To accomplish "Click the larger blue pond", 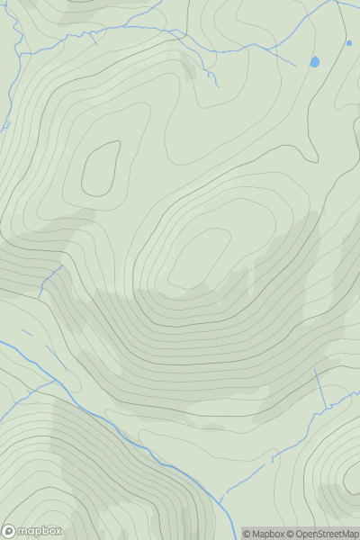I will [314, 62].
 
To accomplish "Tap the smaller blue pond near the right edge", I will [349, 42].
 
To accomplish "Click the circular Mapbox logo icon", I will [9, 531].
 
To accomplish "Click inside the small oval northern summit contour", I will [101, 168].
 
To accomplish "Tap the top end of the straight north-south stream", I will [316, 370].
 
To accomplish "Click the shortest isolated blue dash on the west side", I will [27, 333].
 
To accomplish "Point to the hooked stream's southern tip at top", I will [217, 85].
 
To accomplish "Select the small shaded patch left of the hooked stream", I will [188, 68].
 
